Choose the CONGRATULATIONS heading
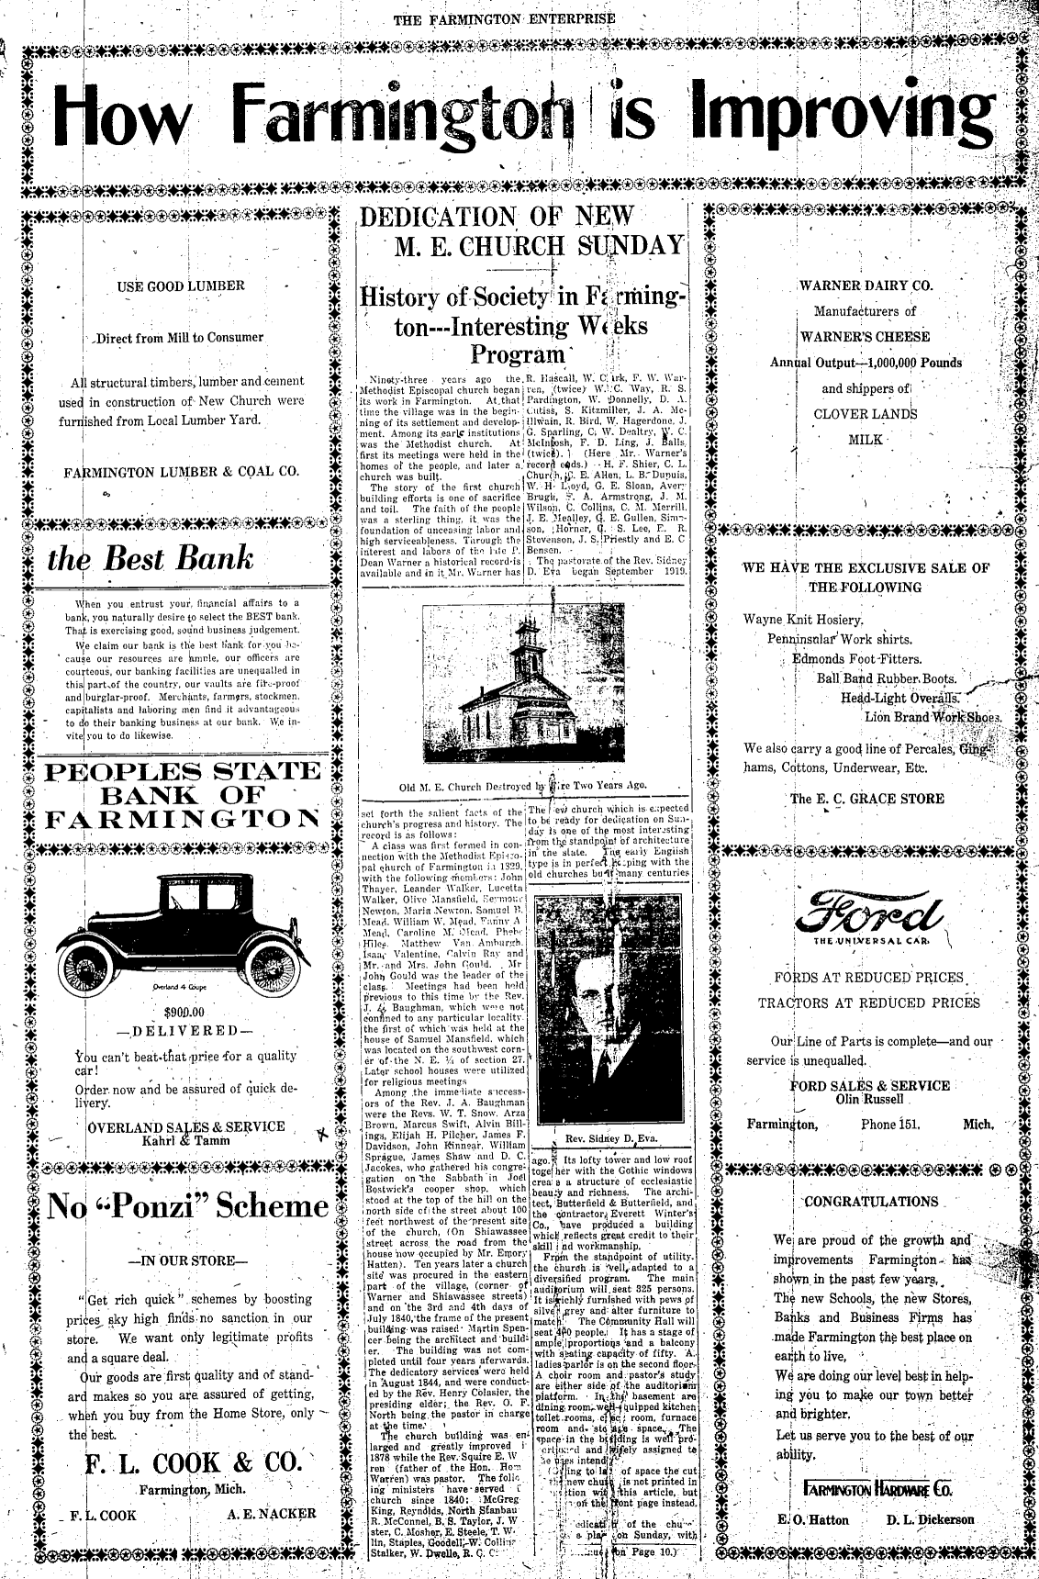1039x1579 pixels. click(871, 1201)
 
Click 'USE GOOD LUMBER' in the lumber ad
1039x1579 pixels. click(181, 286)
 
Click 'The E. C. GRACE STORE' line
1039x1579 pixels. click(867, 799)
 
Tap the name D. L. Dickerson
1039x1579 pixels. click(930, 1519)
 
